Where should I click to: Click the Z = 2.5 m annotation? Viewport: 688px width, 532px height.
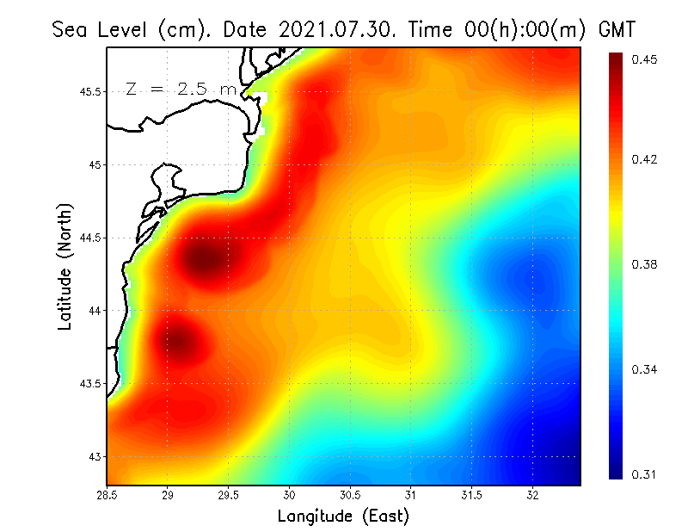coord(181,90)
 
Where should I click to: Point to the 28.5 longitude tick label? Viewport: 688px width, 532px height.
coord(107,494)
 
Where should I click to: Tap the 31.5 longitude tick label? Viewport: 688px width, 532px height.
coord(472,494)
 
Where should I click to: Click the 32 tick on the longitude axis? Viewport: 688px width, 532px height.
coord(532,494)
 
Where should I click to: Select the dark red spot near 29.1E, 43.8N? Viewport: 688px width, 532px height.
coord(179,342)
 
